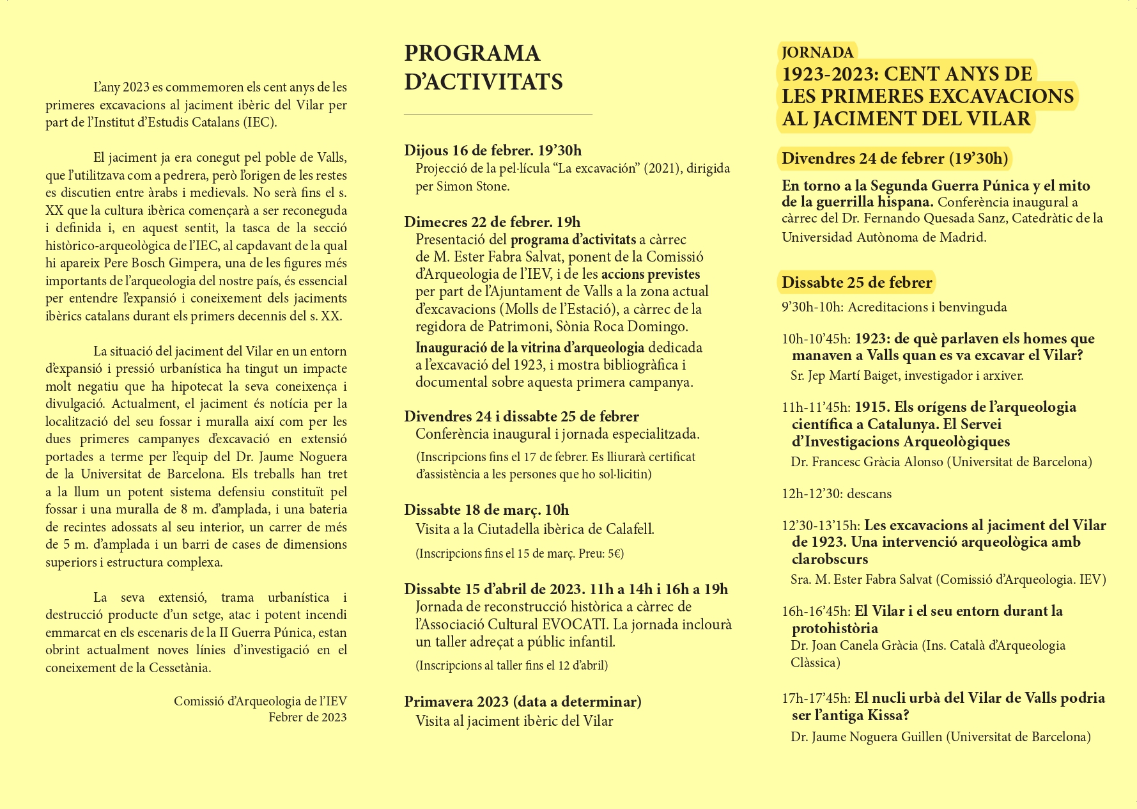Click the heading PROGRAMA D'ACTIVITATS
click(x=483, y=67)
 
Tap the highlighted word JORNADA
click(x=817, y=52)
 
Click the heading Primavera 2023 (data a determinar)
click(x=522, y=702)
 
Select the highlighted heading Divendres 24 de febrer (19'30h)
click(x=894, y=159)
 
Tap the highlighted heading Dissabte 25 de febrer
click(x=856, y=282)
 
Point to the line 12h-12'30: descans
click(x=836, y=494)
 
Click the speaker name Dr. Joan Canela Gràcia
click(x=854, y=645)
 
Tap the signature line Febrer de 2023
click(x=307, y=717)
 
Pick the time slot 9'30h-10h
click(x=812, y=308)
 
